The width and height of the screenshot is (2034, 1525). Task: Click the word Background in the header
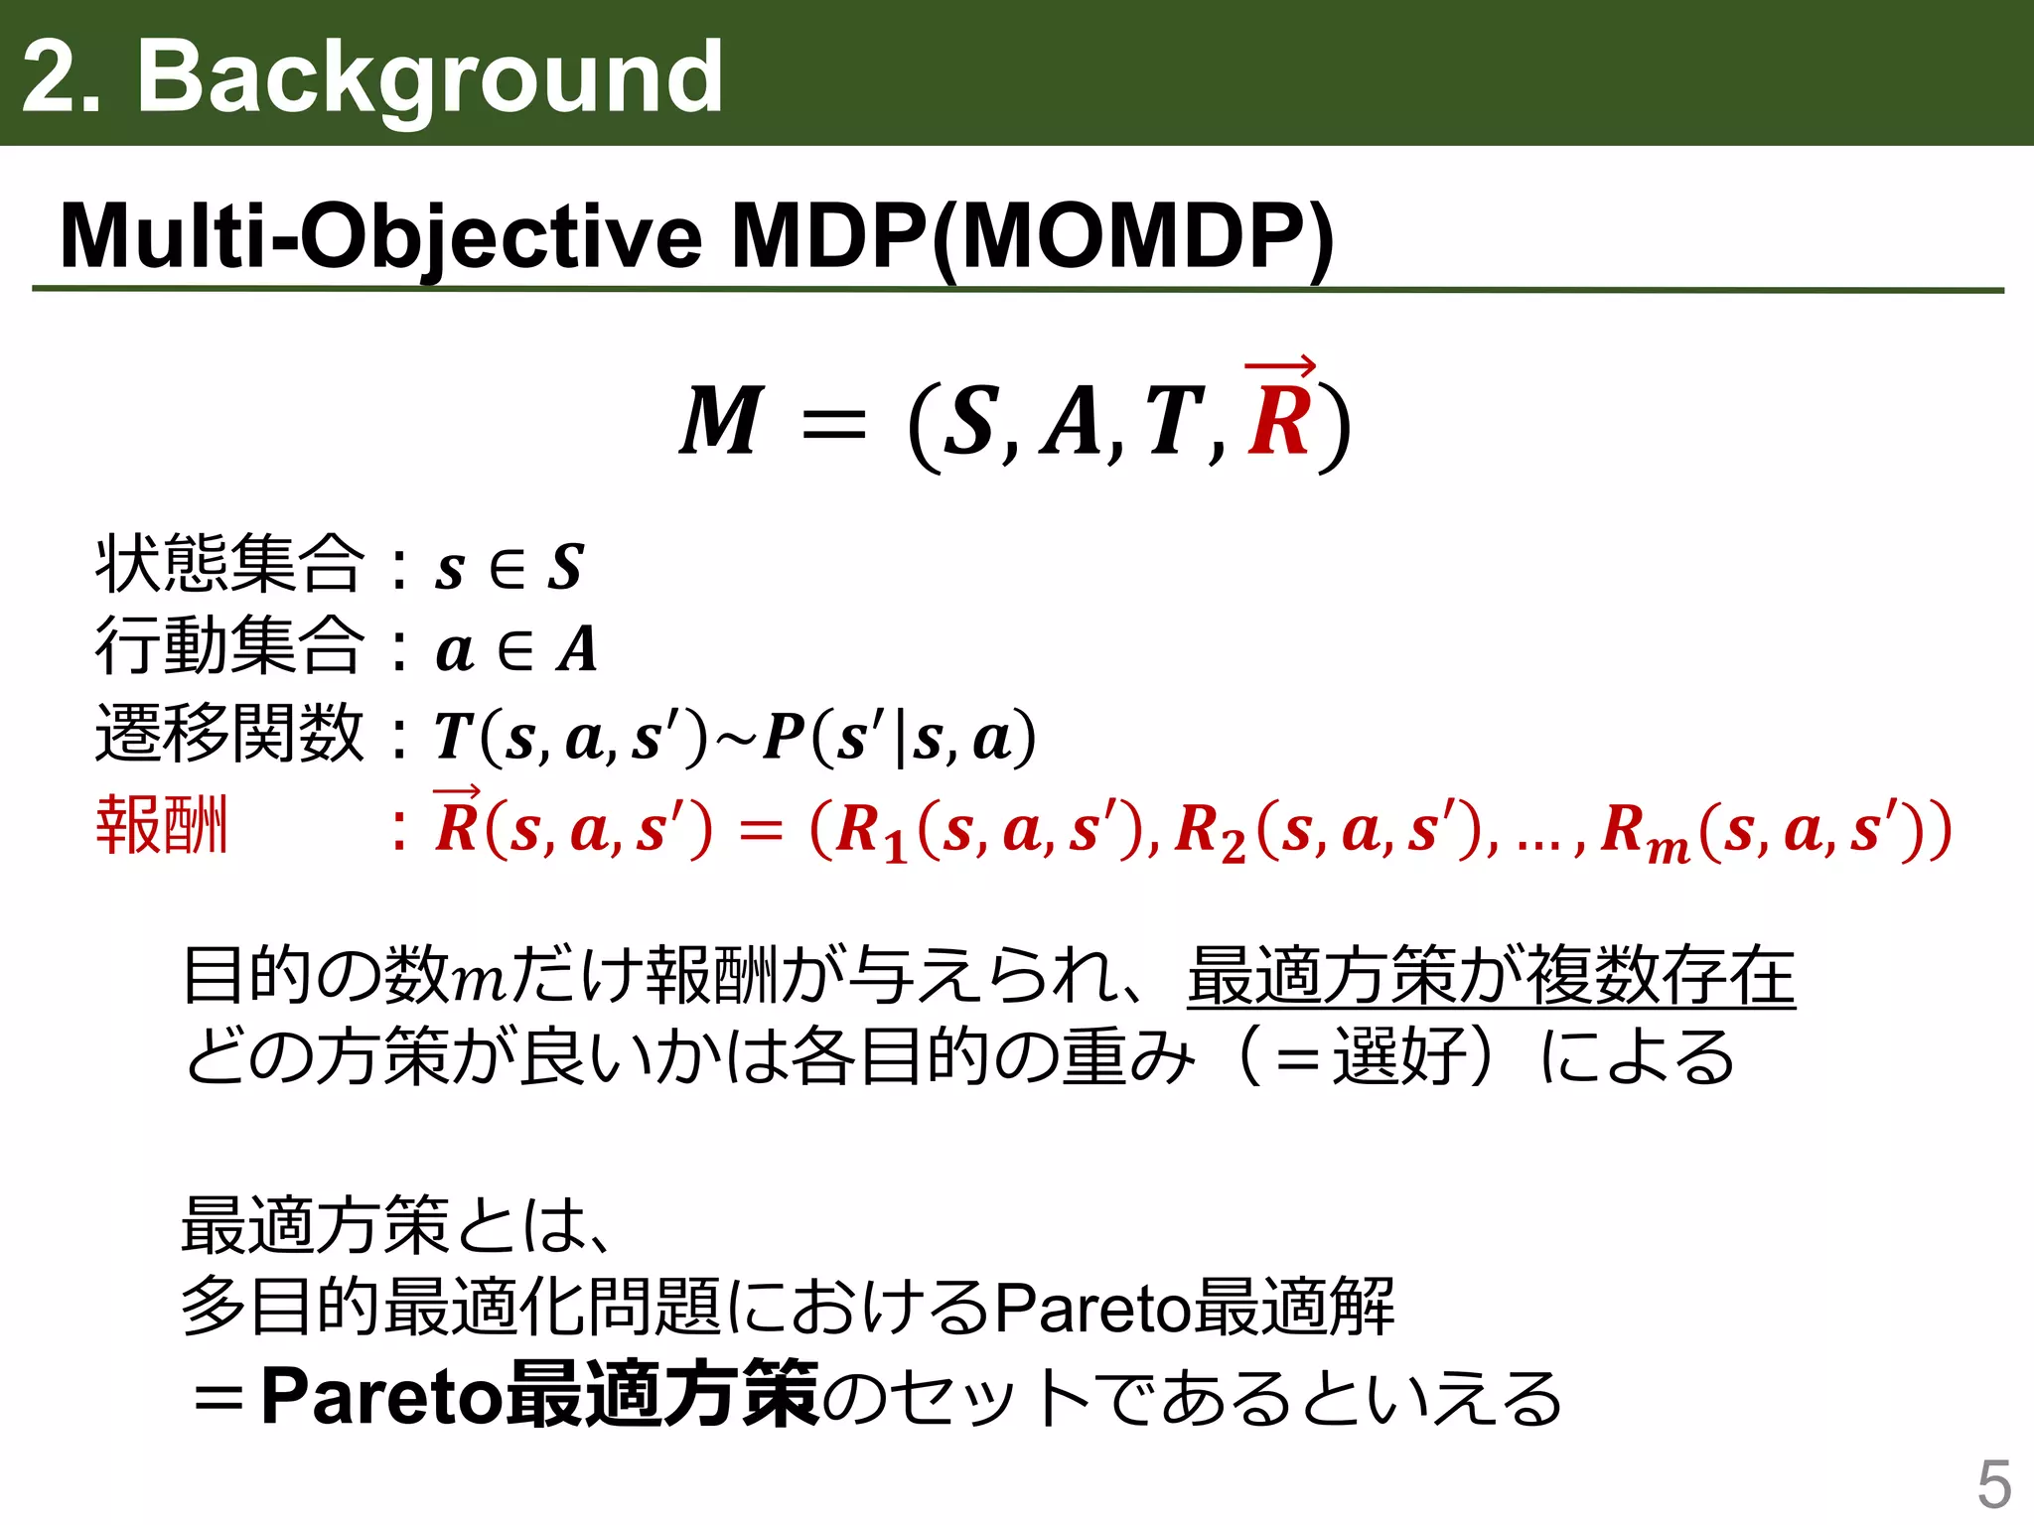(x=429, y=77)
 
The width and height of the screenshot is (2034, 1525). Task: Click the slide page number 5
(x=1993, y=1485)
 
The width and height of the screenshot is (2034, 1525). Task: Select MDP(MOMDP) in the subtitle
(x=1033, y=238)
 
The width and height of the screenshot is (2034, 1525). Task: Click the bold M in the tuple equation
(x=722, y=421)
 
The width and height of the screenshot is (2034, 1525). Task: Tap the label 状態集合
(x=229, y=564)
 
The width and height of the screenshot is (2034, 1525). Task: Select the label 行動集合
(x=229, y=646)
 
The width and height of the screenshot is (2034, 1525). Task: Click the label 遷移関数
(x=229, y=734)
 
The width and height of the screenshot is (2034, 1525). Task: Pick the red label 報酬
(x=162, y=825)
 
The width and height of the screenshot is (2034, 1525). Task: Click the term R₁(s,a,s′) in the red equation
(x=983, y=830)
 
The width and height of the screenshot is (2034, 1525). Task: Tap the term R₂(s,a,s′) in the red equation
(x=1321, y=830)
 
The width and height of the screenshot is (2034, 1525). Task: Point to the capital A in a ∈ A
(x=577, y=650)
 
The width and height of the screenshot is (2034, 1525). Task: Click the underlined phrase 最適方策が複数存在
(x=1490, y=976)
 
